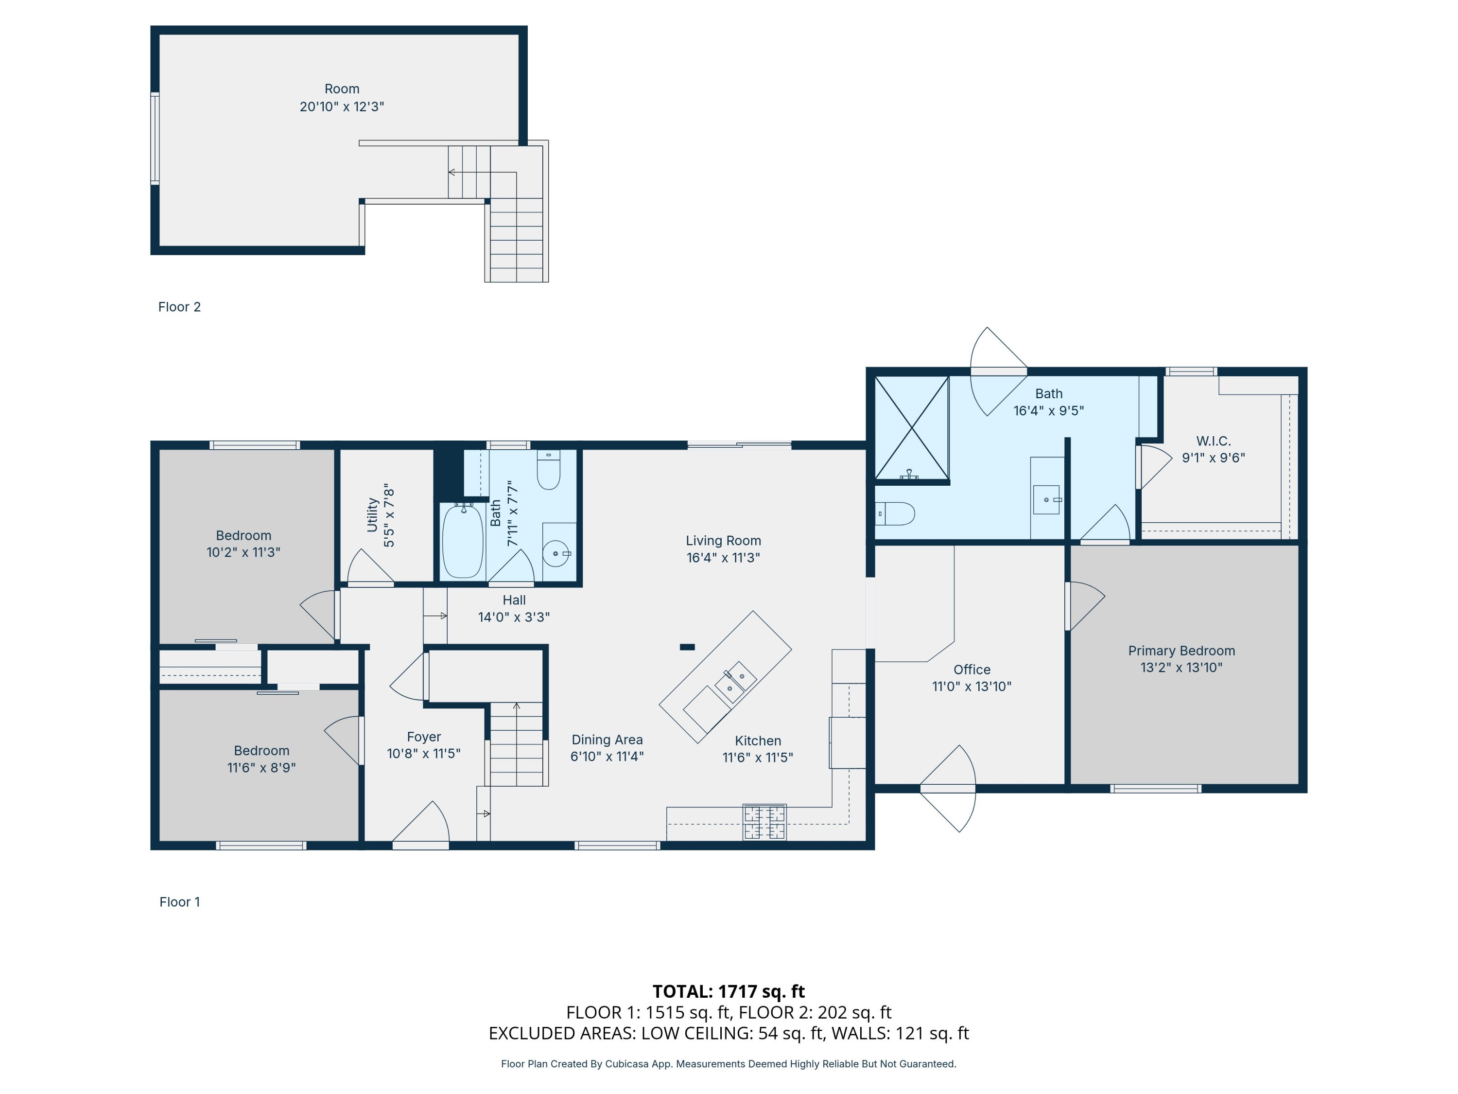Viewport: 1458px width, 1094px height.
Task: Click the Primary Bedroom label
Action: click(x=1181, y=651)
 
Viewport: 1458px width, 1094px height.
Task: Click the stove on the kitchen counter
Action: click(x=764, y=822)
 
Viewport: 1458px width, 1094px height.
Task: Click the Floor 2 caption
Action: click(x=179, y=307)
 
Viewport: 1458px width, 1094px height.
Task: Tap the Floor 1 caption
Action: click(x=179, y=901)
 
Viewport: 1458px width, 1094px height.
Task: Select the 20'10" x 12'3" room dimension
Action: click(x=342, y=106)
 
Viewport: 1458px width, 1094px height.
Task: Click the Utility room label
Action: click(x=372, y=514)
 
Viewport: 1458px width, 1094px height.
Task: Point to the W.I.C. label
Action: click(x=1214, y=441)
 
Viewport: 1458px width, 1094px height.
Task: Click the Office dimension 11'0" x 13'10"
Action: click(x=972, y=687)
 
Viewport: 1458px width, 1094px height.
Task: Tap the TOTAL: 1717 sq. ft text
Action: click(x=729, y=991)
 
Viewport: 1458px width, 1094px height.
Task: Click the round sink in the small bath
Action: click(x=555, y=553)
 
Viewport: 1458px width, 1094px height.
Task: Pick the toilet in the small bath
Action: click(x=548, y=470)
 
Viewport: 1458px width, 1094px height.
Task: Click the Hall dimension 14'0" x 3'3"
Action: click(x=514, y=617)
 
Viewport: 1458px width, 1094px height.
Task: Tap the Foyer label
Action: click(x=424, y=737)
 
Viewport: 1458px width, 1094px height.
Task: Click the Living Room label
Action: click(x=723, y=541)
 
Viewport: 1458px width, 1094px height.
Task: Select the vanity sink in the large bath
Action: click(x=1047, y=499)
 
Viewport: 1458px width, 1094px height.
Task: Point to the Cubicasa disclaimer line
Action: click(x=729, y=1064)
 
